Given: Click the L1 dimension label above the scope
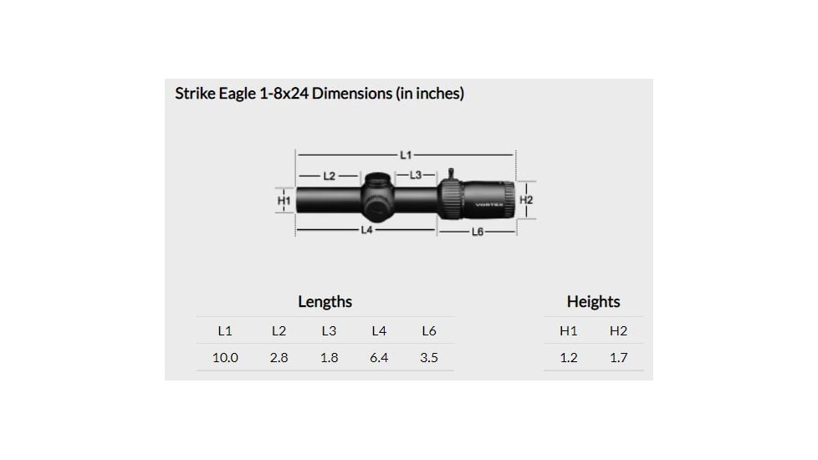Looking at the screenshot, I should [x=406, y=155].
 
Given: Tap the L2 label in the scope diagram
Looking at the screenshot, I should [x=330, y=176].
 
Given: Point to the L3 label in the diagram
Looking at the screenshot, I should [x=416, y=175].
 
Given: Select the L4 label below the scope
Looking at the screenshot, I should [x=366, y=229].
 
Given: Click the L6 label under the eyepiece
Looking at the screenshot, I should [x=477, y=231].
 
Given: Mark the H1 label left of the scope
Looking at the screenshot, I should [x=284, y=201].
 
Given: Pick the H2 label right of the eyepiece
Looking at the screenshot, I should [x=526, y=201].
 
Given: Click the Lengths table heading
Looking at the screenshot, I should [x=325, y=302].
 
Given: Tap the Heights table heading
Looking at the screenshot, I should [x=593, y=302].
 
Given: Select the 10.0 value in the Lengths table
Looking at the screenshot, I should [x=225, y=358].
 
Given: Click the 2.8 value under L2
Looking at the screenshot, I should [x=279, y=358].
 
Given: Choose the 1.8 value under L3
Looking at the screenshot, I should [x=329, y=358].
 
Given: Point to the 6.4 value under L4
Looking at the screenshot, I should [x=379, y=358].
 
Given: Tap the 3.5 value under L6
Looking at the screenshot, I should [x=429, y=358].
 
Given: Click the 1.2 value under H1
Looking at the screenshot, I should [x=569, y=358].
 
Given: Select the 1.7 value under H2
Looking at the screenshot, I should [x=618, y=358].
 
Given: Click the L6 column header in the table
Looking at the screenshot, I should [x=429, y=331].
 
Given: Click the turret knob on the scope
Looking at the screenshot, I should [x=376, y=197].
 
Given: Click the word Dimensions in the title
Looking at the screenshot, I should [x=351, y=94].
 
